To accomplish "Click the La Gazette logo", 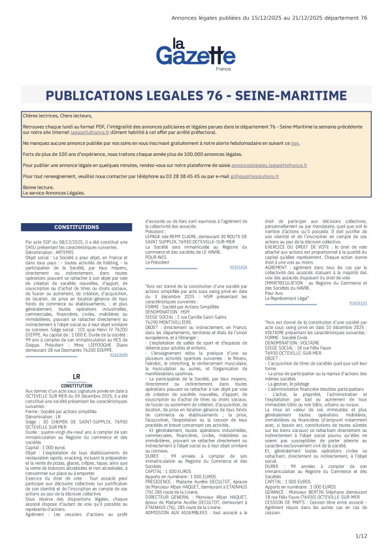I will pos(196,55).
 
